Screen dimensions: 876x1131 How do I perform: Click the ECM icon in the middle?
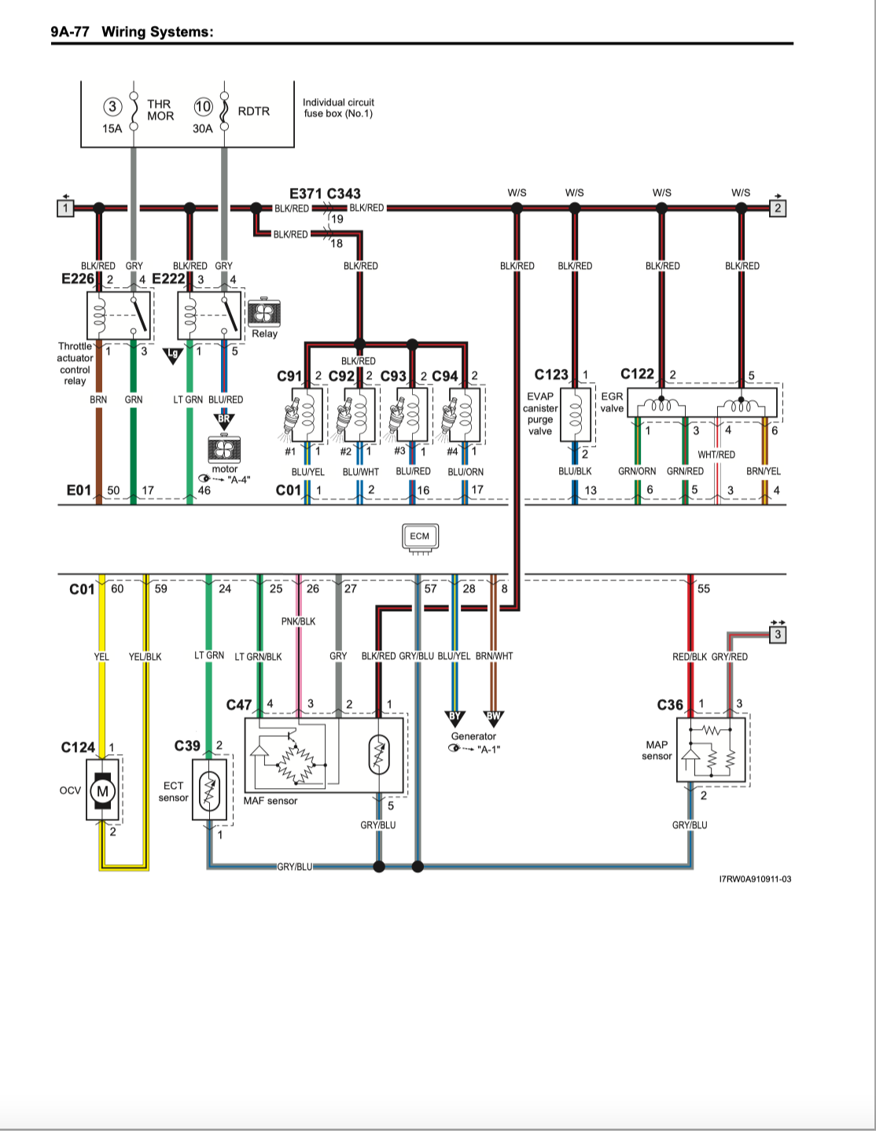(x=420, y=538)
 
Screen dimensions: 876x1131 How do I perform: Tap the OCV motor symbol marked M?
(x=102, y=791)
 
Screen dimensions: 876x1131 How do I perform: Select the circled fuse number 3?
(x=112, y=107)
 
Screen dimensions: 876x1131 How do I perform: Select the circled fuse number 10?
(x=204, y=107)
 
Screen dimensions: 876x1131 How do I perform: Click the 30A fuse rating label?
(x=203, y=128)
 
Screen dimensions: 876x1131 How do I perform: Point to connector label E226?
(x=78, y=279)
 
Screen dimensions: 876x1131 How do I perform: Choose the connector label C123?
(x=551, y=374)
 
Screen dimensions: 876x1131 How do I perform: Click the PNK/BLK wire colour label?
(x=298, y=621)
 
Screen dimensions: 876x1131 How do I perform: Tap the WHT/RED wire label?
(x=716, y=455)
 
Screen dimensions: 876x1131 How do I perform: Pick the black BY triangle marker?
(x=455, y=717)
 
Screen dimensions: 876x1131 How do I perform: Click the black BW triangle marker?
(x=493, y=717)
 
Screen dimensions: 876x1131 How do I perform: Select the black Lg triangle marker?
(x=173, y=355)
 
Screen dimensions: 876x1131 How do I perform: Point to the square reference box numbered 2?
(x=778, y=208)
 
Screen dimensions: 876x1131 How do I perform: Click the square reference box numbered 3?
(x=778, y=635)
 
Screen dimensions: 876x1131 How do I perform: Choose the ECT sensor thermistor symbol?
(x=209, y=790)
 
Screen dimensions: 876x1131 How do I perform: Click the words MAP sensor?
(x=657, y=750)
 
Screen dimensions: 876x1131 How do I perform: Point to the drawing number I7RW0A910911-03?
(x=756, y=879)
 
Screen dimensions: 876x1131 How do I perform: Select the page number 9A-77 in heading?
(x=70, y=31)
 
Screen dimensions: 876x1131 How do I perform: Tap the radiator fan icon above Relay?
(x=264, y=312)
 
